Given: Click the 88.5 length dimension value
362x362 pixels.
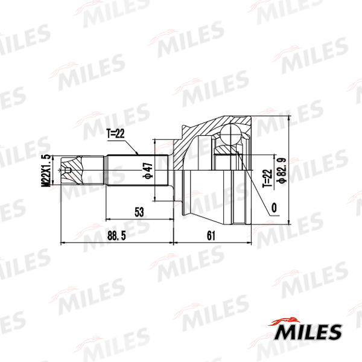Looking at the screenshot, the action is coord(116,236).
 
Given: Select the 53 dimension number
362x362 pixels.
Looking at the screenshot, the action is coord(139,212).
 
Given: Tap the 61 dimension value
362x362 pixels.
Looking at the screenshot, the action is coord(211,236).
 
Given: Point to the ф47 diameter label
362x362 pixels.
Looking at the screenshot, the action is coord(148,171).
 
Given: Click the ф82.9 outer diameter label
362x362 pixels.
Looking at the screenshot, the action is coord(282,170).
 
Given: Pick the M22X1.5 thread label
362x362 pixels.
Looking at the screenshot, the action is coord(46,170).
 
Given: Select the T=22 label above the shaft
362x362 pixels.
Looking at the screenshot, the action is coord(115,133).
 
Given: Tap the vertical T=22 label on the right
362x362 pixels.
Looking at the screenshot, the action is coord(267,179).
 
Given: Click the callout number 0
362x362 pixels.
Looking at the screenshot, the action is coord(274,208).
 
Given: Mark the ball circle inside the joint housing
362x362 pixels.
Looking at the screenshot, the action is coord(230,135).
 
